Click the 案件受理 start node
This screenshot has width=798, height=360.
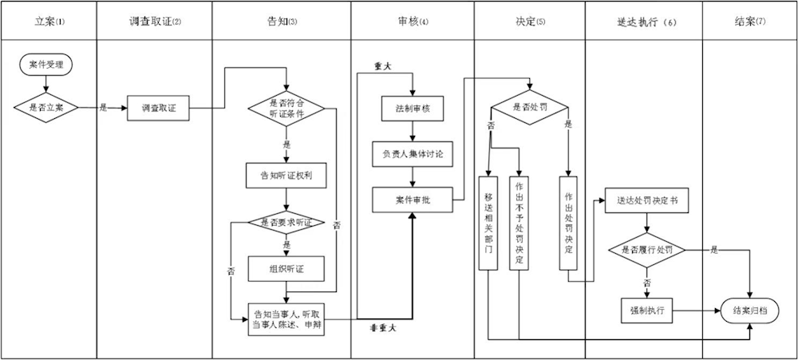[x=47, y=64]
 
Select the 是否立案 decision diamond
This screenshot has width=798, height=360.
[x=47, y=107]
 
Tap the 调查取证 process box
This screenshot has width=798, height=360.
[x=158, y=108]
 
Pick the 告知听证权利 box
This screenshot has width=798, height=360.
[x=286, y=176]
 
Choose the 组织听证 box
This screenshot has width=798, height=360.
[x=286, y=269]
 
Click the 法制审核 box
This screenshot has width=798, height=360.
[x=413, y=108]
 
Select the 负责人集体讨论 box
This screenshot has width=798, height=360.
[x=413, y=152]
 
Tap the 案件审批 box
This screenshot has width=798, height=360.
[x=413, y=199]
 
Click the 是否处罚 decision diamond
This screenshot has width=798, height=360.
[x=530, y=107]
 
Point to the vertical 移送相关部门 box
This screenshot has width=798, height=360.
[x=488, y=223]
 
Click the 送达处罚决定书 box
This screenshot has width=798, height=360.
[x=646, y=200]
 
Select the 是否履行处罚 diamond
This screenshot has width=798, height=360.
[x=646, y=250]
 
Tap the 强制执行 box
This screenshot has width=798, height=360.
[x=646, y=309]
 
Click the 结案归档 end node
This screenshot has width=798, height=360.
[x=750, y=310]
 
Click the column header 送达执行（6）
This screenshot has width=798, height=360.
[x=642, y=22]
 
